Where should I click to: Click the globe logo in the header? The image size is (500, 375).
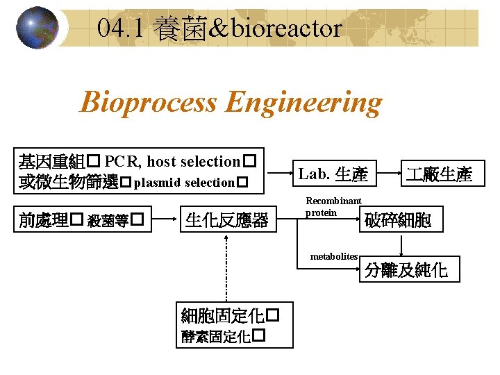[x=37, y=28]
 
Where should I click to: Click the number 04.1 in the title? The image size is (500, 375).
[x=122, y=29]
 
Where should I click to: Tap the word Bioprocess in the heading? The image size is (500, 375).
[x=149, y=103]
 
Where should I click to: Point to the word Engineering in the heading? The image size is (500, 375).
[x=303, y=103]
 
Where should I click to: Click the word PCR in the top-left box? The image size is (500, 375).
[x=122, y=162]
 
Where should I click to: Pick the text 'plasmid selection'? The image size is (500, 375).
[x=183, y=183]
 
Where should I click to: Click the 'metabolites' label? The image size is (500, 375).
[x=333, y=257]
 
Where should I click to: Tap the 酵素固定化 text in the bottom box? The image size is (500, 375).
[x=215, y=336]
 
